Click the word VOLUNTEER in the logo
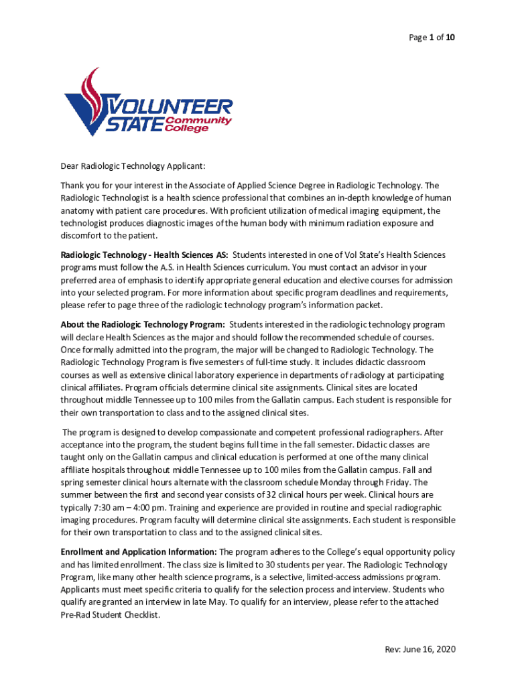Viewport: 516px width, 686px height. click(x=171, y=107)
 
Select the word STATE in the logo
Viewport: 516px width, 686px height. click(x=135, y=124)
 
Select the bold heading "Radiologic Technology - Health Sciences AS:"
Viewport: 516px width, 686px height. click(x=144, y=255)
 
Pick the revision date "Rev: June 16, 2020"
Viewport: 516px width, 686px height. click(x=420, y=649)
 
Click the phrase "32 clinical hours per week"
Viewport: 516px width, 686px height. click(x=309, y=495)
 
